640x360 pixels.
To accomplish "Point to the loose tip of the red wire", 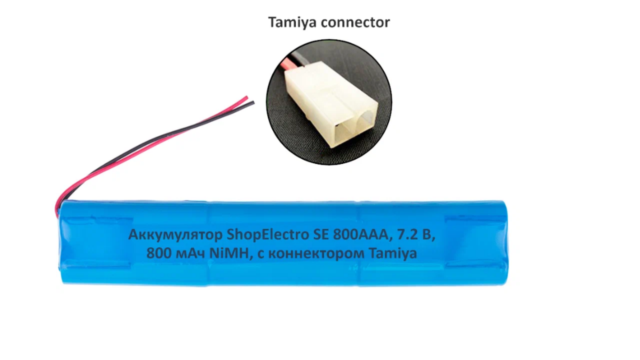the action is pos(246,97).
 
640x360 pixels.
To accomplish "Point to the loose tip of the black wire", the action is pos(253,102).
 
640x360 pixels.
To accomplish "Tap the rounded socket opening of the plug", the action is pos(365,120).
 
